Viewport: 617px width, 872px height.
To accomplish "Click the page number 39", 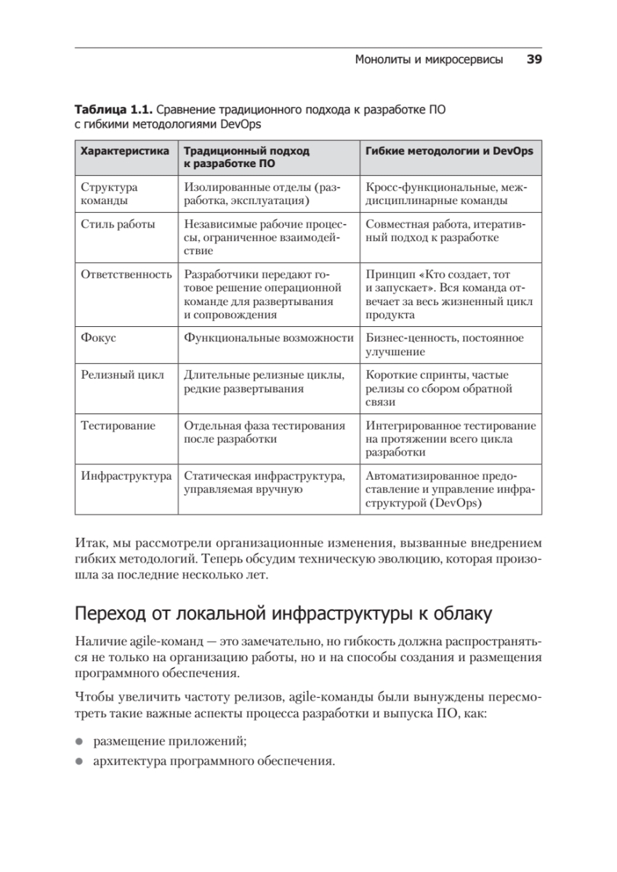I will tap(534, 60).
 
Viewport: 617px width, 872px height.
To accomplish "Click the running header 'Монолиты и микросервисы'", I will tap(429, 60).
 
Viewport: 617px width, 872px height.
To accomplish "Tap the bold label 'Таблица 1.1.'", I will tap(112, 110).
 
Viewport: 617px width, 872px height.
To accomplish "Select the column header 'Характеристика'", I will tap(124, 151).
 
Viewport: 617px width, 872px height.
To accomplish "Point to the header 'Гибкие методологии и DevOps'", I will tap(449, 151).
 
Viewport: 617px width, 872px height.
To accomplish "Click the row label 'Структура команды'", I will tap(109, 194).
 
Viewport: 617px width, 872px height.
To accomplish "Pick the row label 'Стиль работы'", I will tap(118, 225).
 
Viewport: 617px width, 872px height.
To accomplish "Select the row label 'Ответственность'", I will tap(126, 275).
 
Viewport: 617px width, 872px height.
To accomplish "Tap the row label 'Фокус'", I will tap(98, 338).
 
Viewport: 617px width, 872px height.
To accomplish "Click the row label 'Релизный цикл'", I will tap(122, 375).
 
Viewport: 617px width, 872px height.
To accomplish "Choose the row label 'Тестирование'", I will tap(118, 426).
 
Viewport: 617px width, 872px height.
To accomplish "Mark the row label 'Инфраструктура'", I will tap(126, 476).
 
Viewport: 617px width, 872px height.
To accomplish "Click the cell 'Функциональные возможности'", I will tap(268, 338).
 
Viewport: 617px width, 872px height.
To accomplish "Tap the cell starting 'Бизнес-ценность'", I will tap(445, 344).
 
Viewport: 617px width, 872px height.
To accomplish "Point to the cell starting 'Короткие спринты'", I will tap(439, 388).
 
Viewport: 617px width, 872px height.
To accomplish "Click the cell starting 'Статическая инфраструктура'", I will tap(265, 483).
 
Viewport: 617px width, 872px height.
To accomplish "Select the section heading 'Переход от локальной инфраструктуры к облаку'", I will tap(283, 613).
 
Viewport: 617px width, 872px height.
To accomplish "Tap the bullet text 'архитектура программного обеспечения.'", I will tap(214, 762).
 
